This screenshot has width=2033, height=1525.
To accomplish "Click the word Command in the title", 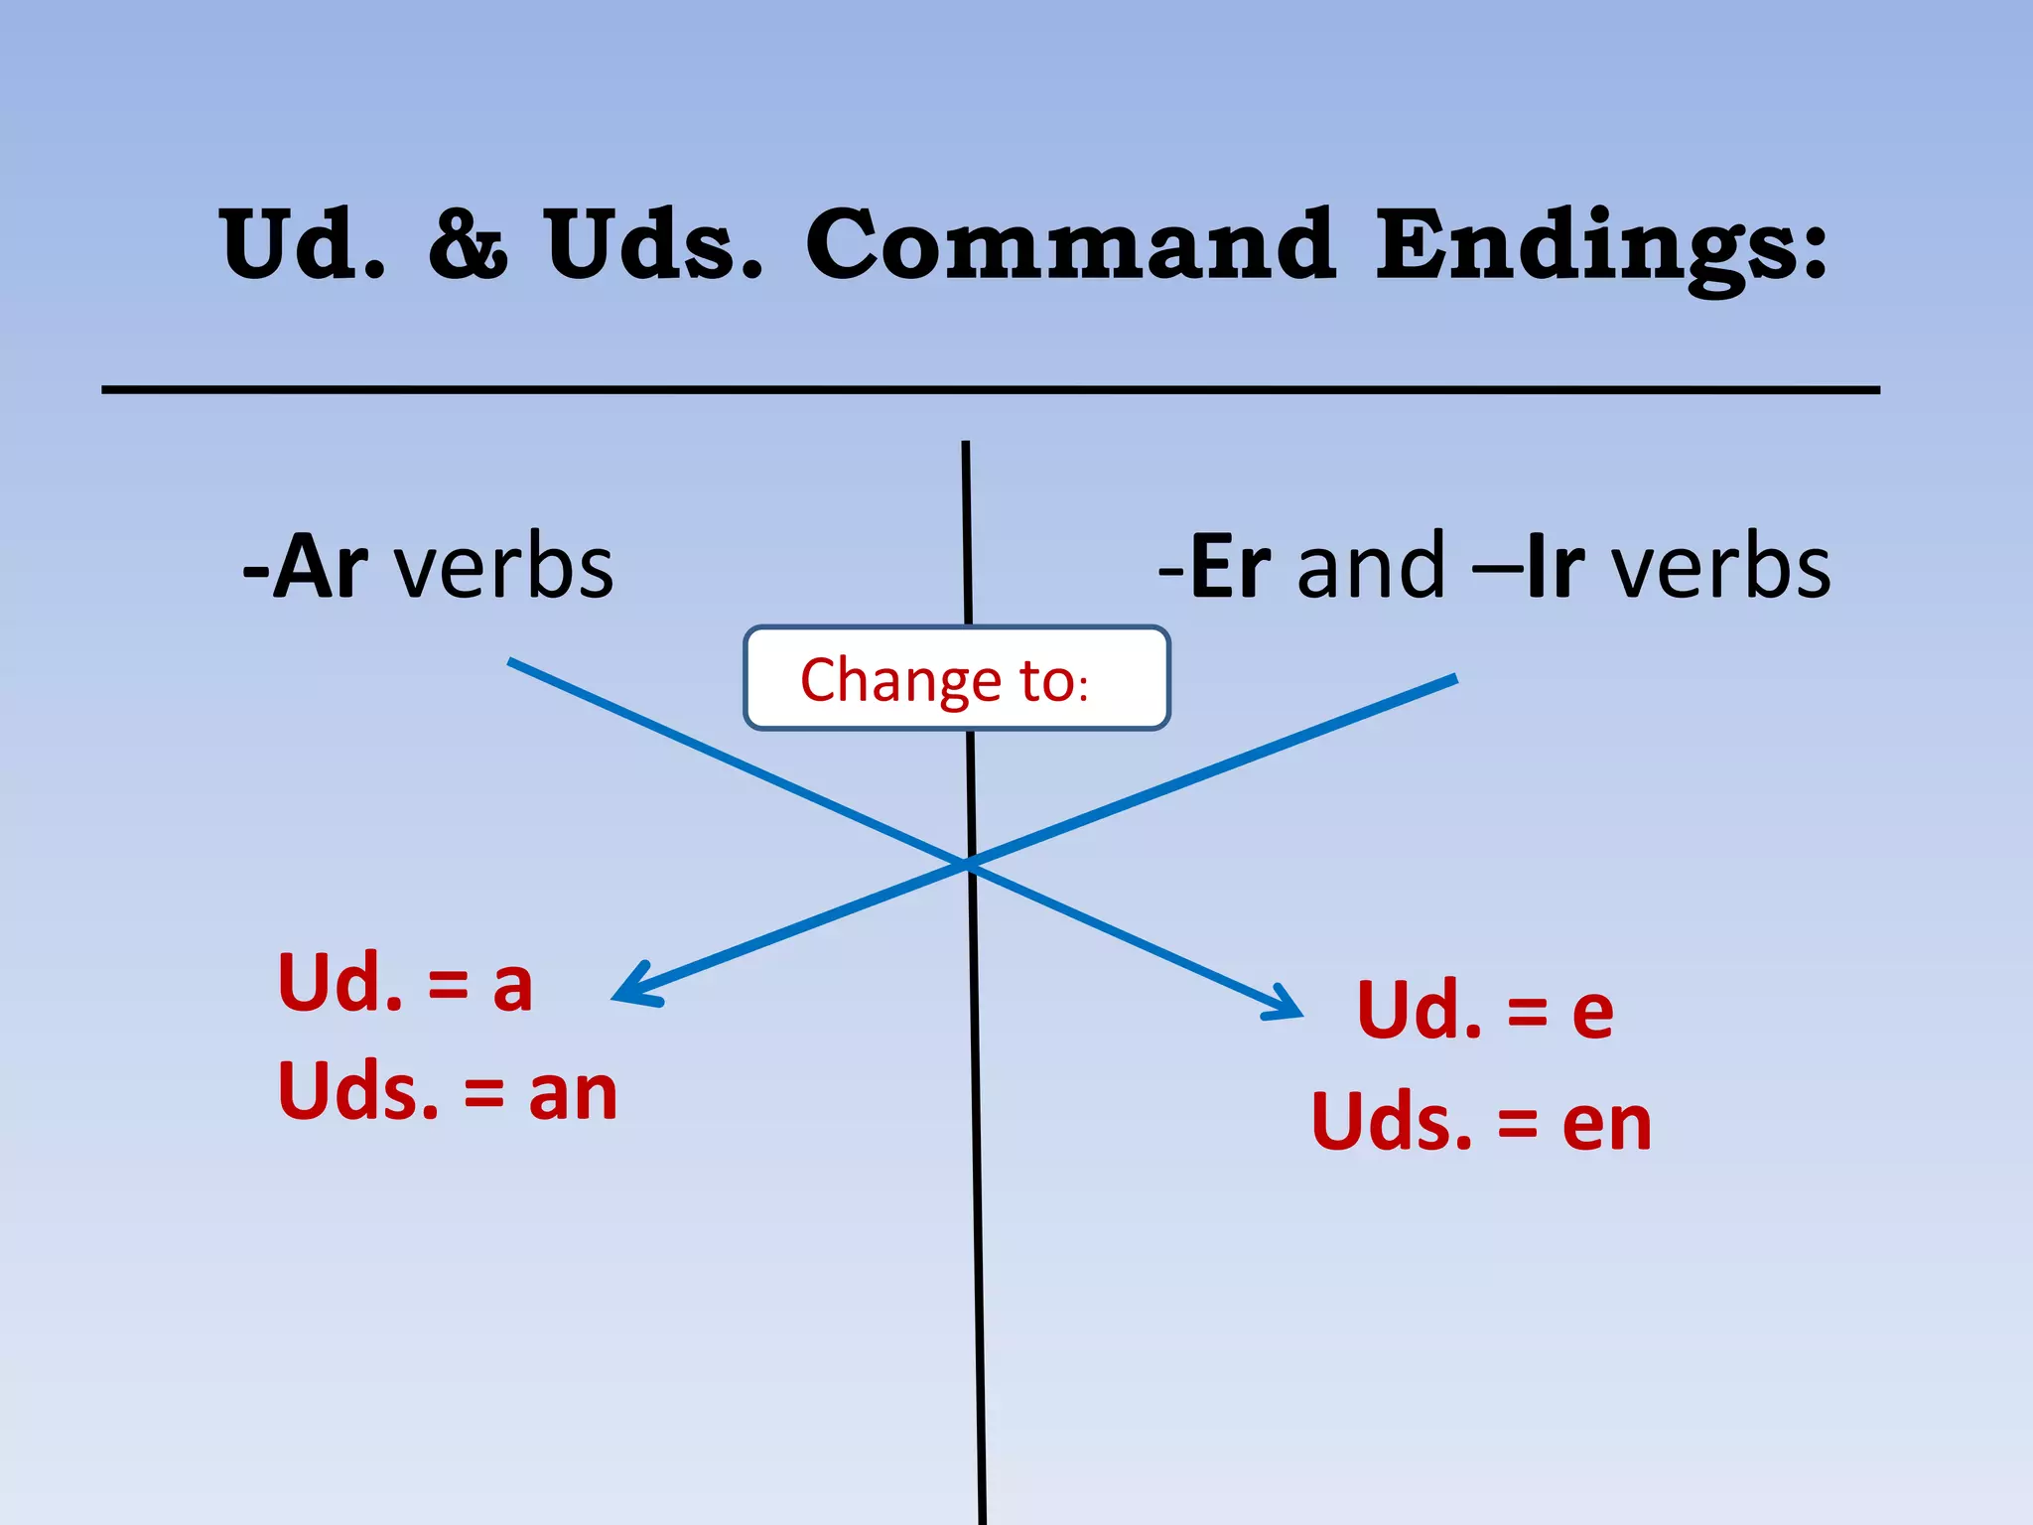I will [1069, 245].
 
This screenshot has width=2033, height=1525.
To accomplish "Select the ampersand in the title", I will [468, 245].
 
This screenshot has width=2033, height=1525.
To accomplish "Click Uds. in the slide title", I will [654, 245].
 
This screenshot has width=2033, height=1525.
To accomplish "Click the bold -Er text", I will [1216, 567].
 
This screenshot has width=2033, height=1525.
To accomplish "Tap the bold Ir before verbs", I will [1556, 567].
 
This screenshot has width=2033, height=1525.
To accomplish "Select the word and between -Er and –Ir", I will [1371, 567].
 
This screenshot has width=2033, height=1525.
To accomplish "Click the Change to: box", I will [957, 679].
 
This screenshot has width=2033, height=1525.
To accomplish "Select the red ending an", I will [573, 1093].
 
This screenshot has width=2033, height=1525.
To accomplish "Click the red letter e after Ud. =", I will [1593, 1012].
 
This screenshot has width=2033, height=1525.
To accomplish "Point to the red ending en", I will [1607, 1124].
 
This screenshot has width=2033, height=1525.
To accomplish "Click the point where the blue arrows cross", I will [969, 864].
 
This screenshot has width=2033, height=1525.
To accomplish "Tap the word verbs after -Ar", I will [504, 569].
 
